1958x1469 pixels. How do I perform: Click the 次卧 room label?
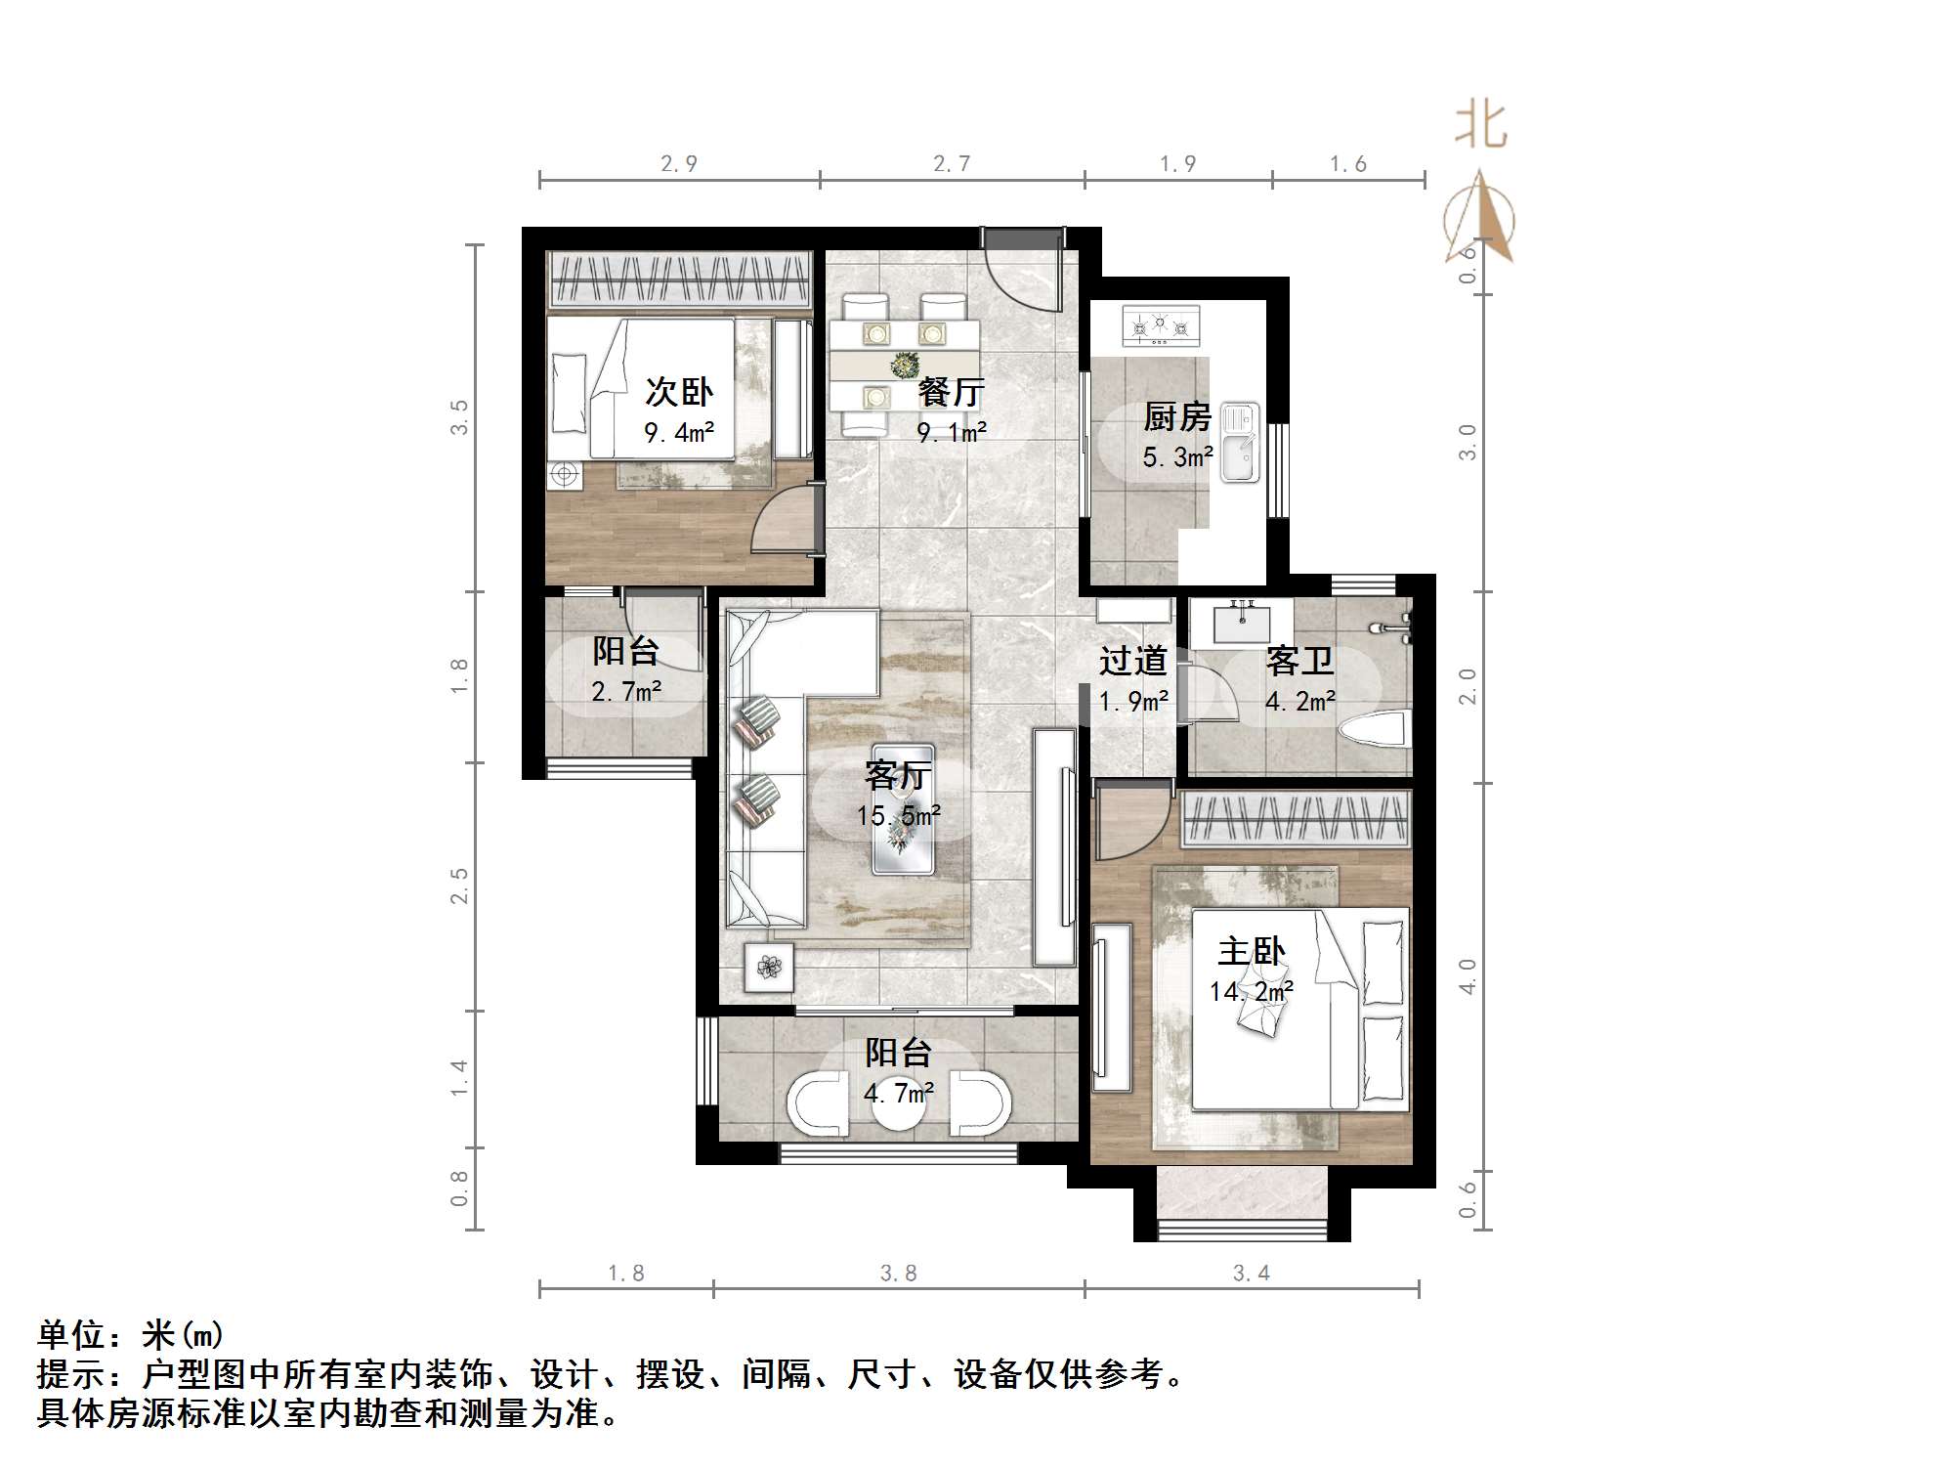coord(678,393)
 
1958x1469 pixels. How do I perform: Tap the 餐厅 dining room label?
coord(951,393)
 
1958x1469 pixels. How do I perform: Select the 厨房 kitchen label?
coord(1177,417)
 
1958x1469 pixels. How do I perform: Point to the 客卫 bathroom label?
coord(1299,662)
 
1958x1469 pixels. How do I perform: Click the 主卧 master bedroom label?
coord(1252,951)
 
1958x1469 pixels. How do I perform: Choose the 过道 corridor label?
coord(1133,662)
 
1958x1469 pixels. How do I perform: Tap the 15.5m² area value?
coord(899,815)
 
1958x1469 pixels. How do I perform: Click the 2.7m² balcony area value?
coord(626,692)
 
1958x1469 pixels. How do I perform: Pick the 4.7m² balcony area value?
coord(899,1092)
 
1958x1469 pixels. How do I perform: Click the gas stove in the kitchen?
coord(1161,326)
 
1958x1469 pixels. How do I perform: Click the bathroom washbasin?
coord(1241,622)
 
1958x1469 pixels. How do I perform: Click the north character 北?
coord(1481,127)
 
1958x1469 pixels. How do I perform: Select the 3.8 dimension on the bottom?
coord(899,1273)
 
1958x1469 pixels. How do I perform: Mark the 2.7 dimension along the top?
coord(952,163)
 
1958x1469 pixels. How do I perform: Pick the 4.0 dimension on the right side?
coord(1467,976)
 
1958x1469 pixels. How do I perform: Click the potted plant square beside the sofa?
coord(769,968)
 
